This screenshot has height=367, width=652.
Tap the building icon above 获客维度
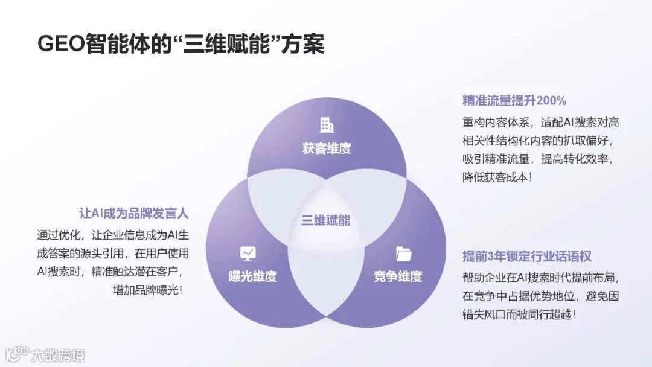click(x=327, y=125)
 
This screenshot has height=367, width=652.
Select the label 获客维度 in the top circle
click(x=327, y=148)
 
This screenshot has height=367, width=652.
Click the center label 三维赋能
click(x=326, y=220)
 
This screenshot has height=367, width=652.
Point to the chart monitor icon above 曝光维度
click(x=248, y=254)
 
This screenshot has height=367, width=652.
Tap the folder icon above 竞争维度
click(x=403, y=254)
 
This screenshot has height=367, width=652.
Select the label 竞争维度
click(x=398, y=276)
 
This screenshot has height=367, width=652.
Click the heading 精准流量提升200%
click(x=514, y=100)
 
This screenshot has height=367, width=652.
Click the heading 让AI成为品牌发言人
click(x=134, y=213)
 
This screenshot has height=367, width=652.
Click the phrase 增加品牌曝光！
click(x=147, y=290)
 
